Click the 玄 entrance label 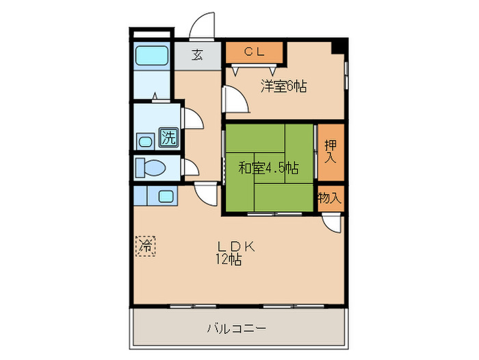pyautogui.click(x=197, y=56)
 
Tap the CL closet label pyautogui.click(x=255, y=51)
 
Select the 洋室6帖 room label pyautogui.click(x=283, y=86)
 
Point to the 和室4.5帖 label pyautogui.click(x=268, y=167)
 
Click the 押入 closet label pyautogui.click(x=331, y=151)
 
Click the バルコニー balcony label pyautogui.click(x=237, y=328)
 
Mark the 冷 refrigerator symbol pyautogui.click(x=145, y=245)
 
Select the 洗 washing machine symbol pyautogui.click(x=168, y=137)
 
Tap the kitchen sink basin pyautogui.click(x=166, y=195)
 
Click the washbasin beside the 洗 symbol pyautogui.click(x=146, y=141)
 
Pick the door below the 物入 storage pyautogui.click(x=333, y=221)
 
